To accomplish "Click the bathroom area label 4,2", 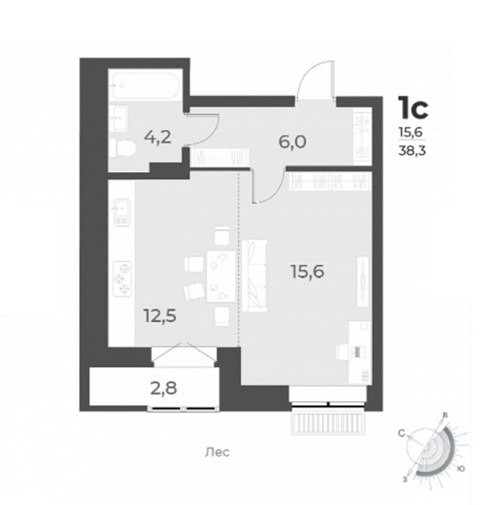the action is point(158,138).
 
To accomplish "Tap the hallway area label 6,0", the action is point(292,142).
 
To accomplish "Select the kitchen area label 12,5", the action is point(160,316).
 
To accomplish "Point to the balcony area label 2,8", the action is point(163,388).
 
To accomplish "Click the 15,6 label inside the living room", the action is point(307,272).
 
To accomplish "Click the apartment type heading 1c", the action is point(413,108).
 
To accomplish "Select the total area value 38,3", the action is point(412,151).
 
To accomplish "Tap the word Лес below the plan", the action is point(217,453).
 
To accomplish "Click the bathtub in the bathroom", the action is point(143,86).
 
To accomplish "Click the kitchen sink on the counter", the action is point(122,212).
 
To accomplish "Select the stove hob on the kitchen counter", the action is point(122,278).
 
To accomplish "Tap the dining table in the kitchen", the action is point(221,277).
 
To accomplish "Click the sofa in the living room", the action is point(255,276).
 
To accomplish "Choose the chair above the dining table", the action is point(222,235).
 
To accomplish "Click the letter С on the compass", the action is point(402,434).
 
